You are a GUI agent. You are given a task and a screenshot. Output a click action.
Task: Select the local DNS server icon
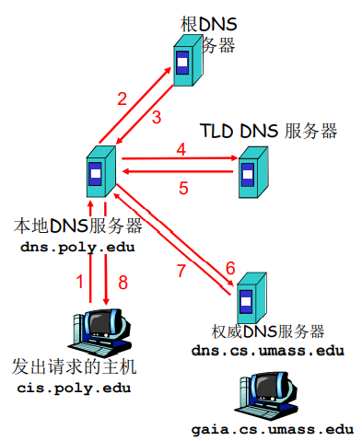[97, 172]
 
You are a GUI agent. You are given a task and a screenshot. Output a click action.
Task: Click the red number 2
[122, 99]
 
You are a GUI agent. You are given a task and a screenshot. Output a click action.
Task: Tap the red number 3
[157, 117]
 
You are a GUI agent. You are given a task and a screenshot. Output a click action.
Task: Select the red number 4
[181, 148]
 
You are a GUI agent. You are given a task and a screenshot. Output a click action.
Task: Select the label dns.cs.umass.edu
[267, 350]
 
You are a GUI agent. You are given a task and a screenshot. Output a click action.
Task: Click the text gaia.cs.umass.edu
[273, 430]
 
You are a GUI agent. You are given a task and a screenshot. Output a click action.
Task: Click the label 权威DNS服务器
[267, 331]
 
